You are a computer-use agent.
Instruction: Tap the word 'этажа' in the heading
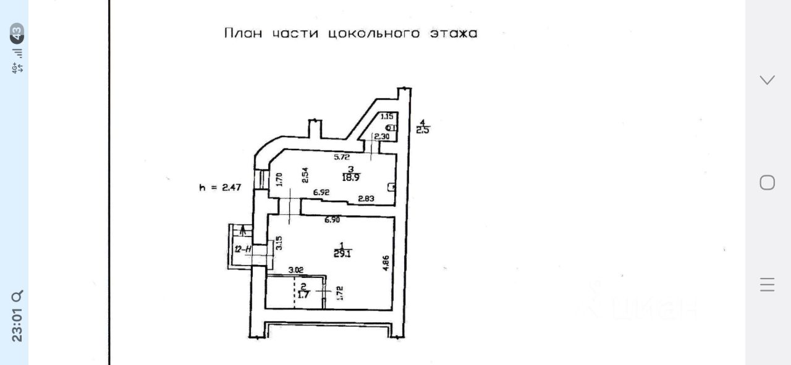pyautogui.click(x=453, y=33)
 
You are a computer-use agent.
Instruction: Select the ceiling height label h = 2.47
pyautogui.click(x=220, y=187)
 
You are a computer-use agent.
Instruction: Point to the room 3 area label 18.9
pyautogui.click(x=351, y=177)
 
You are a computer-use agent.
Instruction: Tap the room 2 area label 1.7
pyautogui.click(x=303, y=295)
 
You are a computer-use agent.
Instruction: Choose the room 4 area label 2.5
pyautogui.click(x=423, y=130)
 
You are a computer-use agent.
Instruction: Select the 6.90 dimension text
pyautogui.click(x=333, y=220)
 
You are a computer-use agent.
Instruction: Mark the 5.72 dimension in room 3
pyautogui.click(x=342, y=157)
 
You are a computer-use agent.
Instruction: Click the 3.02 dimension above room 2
pyautogui.click(x=297, y=270)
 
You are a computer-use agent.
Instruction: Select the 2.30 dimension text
pyautogui.click(x=381, y=136)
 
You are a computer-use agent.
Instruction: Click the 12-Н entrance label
pyautogui.click(x=242, y=250)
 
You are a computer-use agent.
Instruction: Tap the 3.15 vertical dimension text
pyautogui.click(x=279, y=243)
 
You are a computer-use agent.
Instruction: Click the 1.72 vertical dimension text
pyautogui.click(x=339, y=292)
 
